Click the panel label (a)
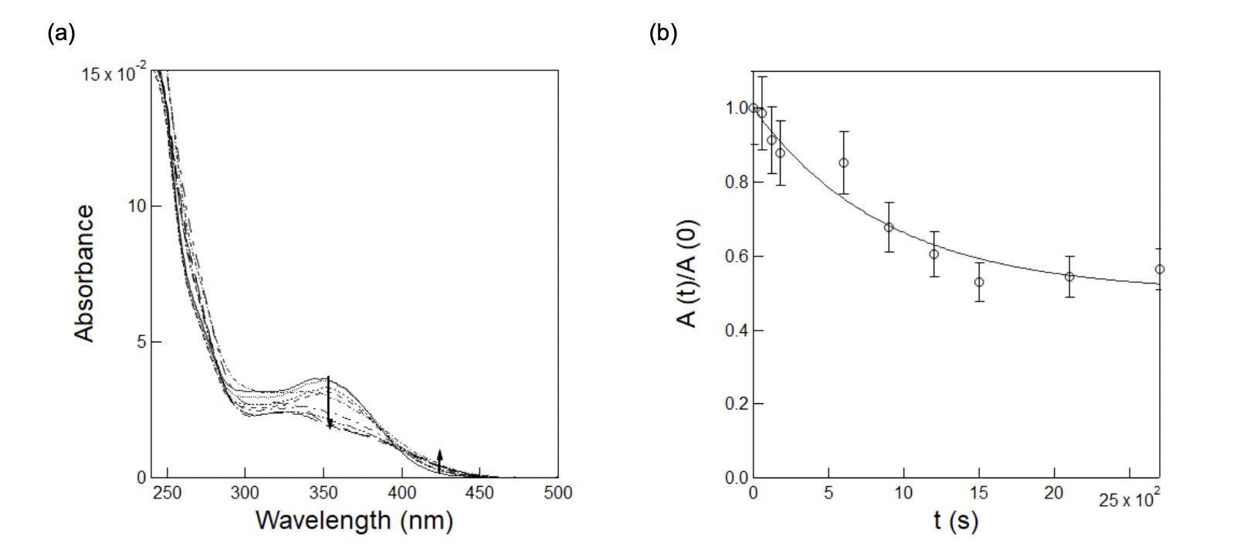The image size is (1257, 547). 61,33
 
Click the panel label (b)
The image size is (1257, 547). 662,33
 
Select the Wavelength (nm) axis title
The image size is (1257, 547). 354,520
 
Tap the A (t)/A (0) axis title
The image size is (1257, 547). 689,273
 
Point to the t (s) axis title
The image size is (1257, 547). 955,520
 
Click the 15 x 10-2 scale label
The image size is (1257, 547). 114,74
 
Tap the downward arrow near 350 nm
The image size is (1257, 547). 329,402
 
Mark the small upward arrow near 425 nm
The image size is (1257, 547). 439,460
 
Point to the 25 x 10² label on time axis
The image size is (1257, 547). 1130,500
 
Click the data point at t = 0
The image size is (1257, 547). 754,108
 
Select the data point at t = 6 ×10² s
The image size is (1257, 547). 844,163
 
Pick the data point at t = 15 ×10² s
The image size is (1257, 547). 979,282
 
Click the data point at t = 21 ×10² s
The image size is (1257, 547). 1069,277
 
